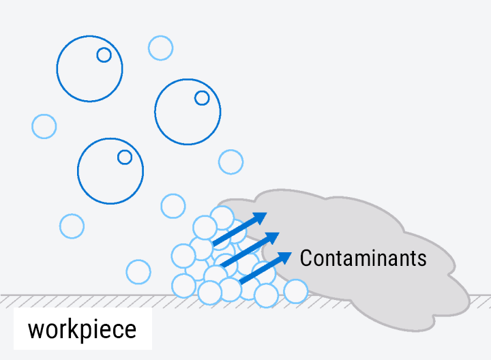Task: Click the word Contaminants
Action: (x=363, y=258)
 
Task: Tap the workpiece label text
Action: (x=82, y=329)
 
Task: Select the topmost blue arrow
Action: (x=239, y=228)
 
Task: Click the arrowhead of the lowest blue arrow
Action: (x=286, y=258)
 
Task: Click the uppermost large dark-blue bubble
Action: (x=89, y=68)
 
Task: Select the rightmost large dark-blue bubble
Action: (x=188, y=111)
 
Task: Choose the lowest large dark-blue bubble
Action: (x=110, y=170)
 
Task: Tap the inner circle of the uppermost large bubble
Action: (x=104, y=55)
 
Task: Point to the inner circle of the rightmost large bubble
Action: (x=202, y=97)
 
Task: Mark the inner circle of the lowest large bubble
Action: (x=125, y=157)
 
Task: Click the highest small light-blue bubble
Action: (x=161, y=48)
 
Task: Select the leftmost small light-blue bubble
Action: (x=44, y=126)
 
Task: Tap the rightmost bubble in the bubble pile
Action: (x=296, y=291)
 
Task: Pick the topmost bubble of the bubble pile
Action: (x=222, y=217)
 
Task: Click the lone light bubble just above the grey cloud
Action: (x=231, y=162)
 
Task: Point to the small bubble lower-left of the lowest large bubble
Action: (x=72, y=226)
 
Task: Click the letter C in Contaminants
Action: (x=306, y=258)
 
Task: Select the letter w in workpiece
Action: (x=36, y=330)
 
